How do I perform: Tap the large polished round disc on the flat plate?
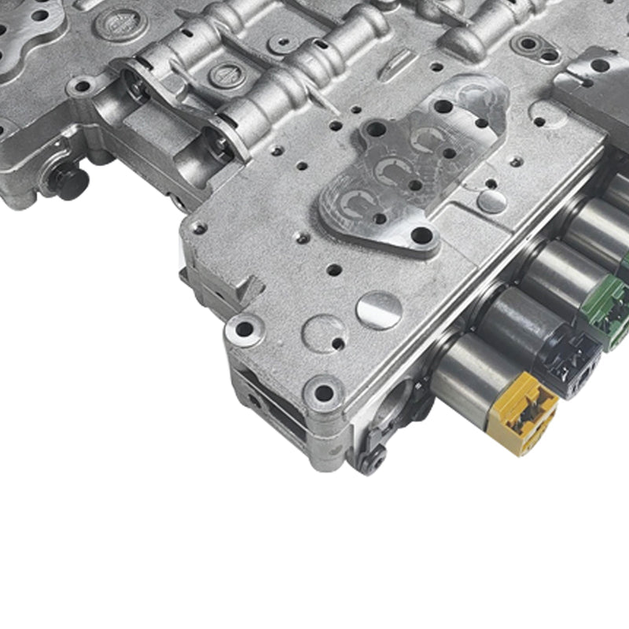[x=379, y=310]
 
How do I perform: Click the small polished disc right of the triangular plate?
[x=491, y=201]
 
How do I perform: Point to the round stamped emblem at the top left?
[x=116, y=23]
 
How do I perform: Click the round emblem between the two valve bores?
[x=227, y=75]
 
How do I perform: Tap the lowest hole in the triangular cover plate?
[x=421, y=235]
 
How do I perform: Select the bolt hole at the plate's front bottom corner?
[x=323, y=392]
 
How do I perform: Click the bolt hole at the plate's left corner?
[x=197, y=229]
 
